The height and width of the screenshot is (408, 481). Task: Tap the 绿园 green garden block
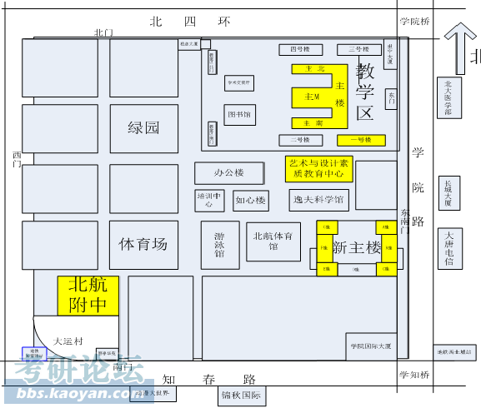pos(143,127)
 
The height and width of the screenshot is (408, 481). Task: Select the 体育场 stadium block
pos(143,244)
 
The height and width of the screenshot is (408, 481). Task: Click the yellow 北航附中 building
pos(88,295)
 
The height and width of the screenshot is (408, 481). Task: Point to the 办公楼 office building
pos(228,173)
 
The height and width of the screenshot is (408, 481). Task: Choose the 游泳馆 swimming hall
pos(219,244)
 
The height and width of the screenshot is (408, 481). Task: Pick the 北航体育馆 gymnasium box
pos(273,241)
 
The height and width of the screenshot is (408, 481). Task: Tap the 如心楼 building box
pos(250,201)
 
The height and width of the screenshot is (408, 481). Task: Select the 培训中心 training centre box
pos(209,200)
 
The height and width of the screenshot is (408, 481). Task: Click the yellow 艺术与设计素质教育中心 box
pos(318,168)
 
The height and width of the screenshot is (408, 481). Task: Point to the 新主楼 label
pos(356,247)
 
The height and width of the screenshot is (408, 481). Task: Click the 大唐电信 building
pos(448,249)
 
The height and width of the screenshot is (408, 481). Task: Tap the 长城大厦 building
pos(448,193)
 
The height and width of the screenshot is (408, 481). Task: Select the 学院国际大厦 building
pos(371,346)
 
